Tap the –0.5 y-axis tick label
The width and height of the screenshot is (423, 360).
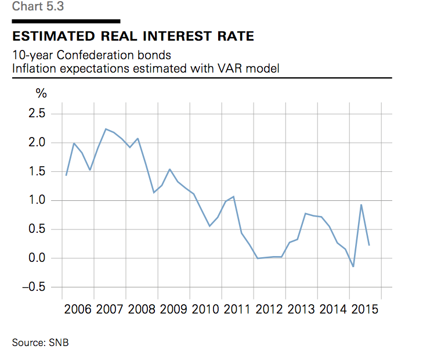(34, 287)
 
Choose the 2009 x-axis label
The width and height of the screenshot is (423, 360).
(173, 309)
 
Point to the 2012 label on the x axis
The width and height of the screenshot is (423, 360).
(269, 309)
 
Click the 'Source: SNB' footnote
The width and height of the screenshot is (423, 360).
(41, 343)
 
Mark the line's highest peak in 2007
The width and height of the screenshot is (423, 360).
(106, 129)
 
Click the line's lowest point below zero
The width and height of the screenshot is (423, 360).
(353, 267)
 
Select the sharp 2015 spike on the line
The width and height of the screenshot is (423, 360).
(361, 204)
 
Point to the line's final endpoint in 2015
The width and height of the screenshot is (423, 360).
(369, 245)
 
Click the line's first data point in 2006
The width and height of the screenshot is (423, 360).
(66, 175)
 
